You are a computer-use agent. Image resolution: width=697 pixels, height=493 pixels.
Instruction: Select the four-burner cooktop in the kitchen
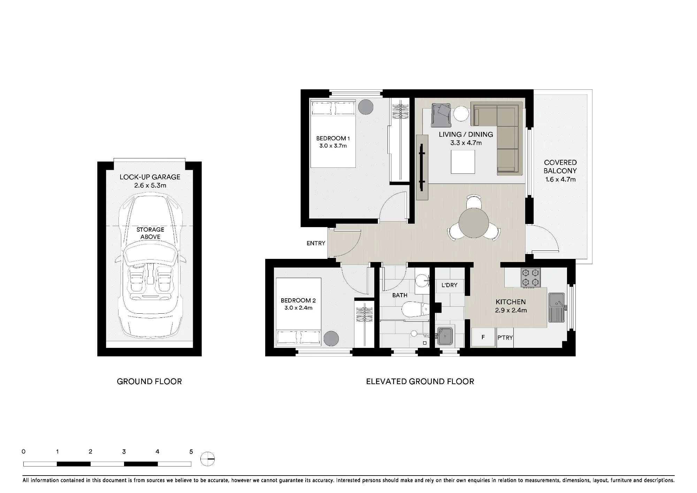[530, 278]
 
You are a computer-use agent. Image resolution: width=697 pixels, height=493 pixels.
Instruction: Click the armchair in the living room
[441, 115]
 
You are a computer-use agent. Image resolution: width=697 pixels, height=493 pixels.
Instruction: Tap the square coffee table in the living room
[463, 162]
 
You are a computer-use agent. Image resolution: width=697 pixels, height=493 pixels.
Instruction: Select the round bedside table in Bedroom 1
[366, 107]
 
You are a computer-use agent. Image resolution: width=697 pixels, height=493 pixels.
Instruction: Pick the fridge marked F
[483, 337]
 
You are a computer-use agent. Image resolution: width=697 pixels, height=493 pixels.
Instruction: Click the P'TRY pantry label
[505, 337]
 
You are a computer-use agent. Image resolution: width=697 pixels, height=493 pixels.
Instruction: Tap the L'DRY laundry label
[449, 285]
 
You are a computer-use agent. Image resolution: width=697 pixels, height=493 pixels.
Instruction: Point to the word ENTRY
[316, 243]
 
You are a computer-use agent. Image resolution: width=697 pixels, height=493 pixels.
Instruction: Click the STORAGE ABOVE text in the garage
[150, 233]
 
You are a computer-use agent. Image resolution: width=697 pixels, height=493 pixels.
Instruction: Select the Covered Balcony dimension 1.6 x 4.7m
[560, 180]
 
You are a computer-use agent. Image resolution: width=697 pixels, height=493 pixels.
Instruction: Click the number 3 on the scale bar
[124, 451]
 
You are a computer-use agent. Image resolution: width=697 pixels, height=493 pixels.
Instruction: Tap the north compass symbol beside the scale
[208, 459]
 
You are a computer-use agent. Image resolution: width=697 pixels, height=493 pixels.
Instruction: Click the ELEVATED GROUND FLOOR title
[420, 381]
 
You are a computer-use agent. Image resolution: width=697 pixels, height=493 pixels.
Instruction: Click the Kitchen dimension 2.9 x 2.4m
[511, 310]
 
